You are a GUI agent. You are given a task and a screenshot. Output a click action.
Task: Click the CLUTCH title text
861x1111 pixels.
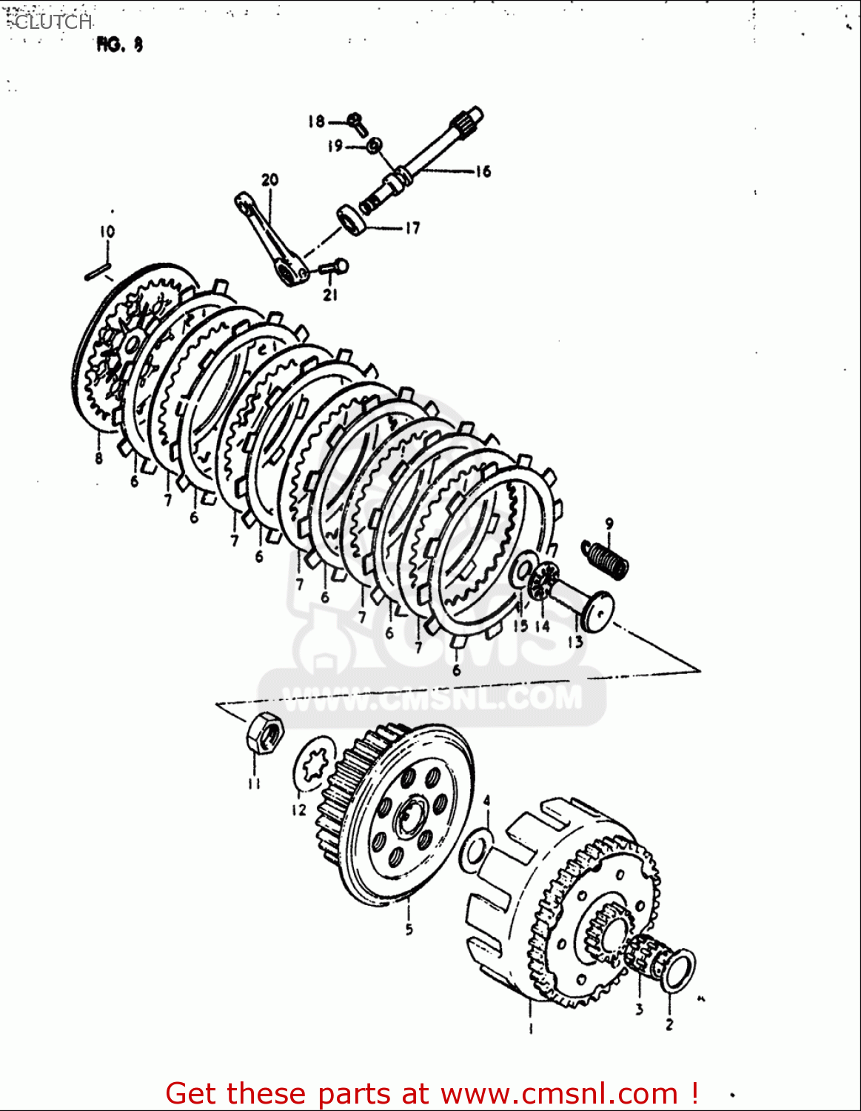click(x=52, y=21)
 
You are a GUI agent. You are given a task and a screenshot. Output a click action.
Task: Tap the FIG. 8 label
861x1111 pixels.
click(x=119, y=45)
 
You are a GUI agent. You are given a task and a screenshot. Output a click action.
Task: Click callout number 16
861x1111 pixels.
click(x=483, y=172)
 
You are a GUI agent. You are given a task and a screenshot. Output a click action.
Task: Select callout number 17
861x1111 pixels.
click(x=412, y=228)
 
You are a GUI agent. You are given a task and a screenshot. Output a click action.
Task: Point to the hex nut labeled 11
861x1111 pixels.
click(x=263, y=733)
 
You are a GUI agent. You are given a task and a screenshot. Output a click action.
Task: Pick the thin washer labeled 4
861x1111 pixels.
click(x=474, y=850)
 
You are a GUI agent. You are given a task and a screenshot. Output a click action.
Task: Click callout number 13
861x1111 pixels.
click(x=575, y=642)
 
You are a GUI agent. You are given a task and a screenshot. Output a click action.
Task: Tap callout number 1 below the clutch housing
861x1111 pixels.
click(x=530, y=1027)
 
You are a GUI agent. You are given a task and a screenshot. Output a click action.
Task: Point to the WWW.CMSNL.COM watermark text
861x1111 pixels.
click(x=433, y=698)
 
